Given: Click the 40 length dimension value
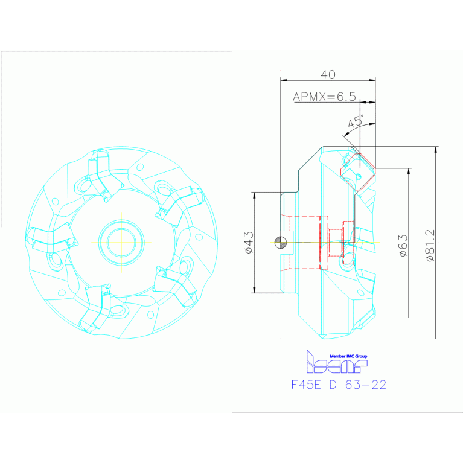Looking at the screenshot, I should click(x=328, y=74).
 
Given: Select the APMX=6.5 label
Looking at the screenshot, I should click(x=324, y=97).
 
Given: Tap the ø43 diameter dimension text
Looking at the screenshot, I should click(x=248, y=241).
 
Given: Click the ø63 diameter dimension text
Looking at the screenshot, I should click(x=403, y=245).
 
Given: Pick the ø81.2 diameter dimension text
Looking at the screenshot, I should click(x=429, y=244).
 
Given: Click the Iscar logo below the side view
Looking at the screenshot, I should click(x=335, y=363).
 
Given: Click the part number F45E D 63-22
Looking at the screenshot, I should click(x=338, y=385).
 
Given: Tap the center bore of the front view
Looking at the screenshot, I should click(x=121, y=242).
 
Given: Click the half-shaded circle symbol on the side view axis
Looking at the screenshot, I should click(x=279, y=242).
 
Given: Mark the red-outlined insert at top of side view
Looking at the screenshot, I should click(x=357, y=171).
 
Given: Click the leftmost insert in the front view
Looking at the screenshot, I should click(x=51, y=237).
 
